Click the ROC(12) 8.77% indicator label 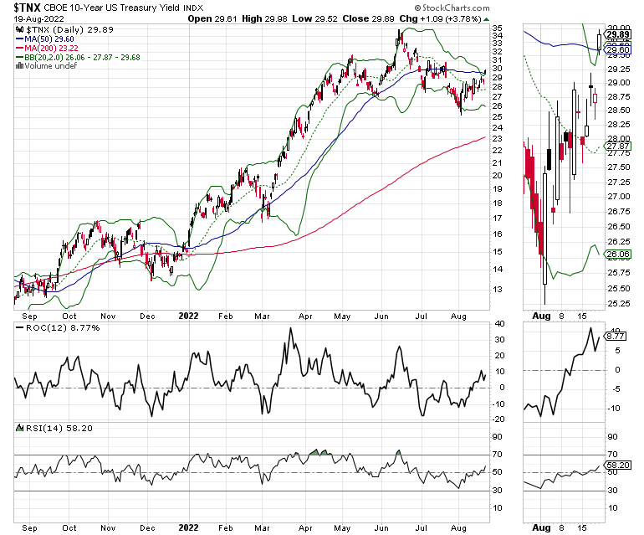tap(49, 327)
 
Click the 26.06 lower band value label tap(617, 255)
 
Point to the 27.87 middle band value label tap(617, 146)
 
